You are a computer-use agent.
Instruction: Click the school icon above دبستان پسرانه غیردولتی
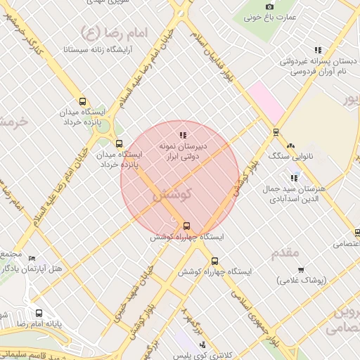[x=318, y=50]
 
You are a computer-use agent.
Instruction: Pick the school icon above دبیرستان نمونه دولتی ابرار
[x=184, y=134]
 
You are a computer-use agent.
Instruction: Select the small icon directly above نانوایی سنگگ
[x=275, y=131]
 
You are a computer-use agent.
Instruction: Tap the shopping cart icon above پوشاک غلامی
[x=301, y=269]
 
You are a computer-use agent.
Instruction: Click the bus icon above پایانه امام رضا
[x=38, y=314]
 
